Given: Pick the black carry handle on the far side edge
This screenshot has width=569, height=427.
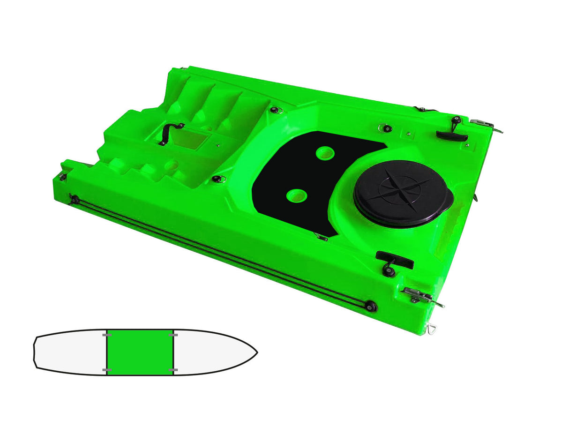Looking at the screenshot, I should click(452, 135).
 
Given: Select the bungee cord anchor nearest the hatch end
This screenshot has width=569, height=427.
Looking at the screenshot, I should click(371, 306).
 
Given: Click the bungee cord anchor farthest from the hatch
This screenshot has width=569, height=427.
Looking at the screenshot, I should click(74, 199).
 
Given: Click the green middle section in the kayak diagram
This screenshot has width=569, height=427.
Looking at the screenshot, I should click(140, 352).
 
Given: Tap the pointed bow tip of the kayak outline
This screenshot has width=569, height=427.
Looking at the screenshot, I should click(257, 351).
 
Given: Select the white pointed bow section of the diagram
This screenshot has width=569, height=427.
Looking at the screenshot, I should click(211, 352).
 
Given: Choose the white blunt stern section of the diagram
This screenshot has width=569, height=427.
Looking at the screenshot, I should click(70, 352).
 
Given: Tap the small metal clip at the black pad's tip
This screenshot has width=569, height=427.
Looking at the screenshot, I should click(321, 237).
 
